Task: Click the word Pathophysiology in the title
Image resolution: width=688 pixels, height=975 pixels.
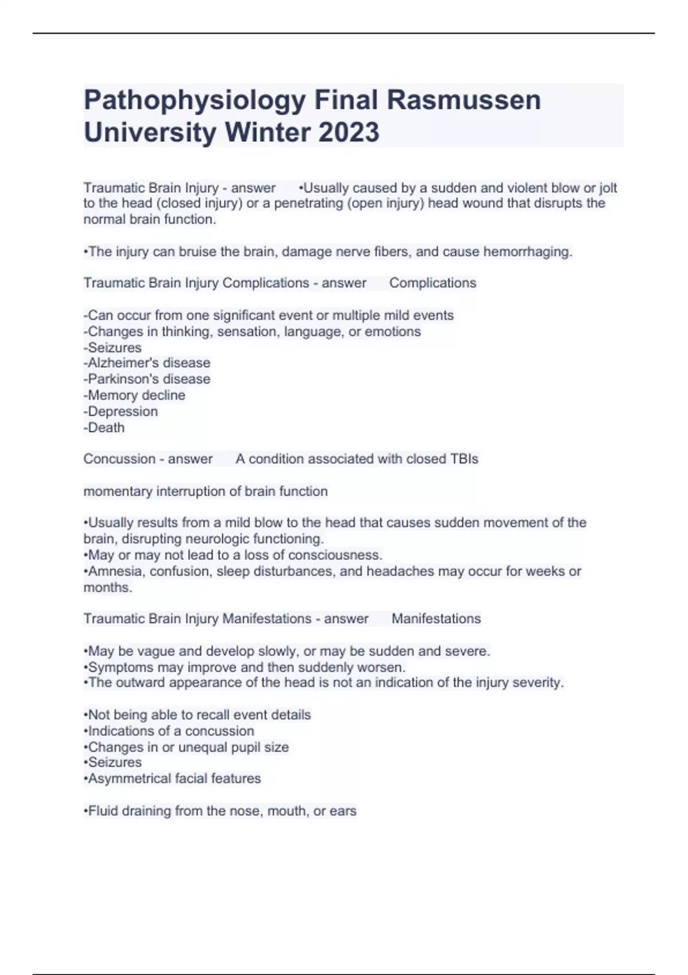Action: coord(195,101)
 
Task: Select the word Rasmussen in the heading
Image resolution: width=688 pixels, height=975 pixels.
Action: coord(464,100)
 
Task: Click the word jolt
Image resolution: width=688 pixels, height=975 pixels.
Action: coord(608,188)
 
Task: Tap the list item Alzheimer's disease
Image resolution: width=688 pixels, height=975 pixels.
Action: coord(147,363)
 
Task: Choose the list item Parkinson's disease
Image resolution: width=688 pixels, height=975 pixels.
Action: coord(147,379)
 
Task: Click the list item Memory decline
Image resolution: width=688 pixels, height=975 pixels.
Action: coord(135,395)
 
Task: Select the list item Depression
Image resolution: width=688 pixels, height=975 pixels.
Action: coord(121,411)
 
